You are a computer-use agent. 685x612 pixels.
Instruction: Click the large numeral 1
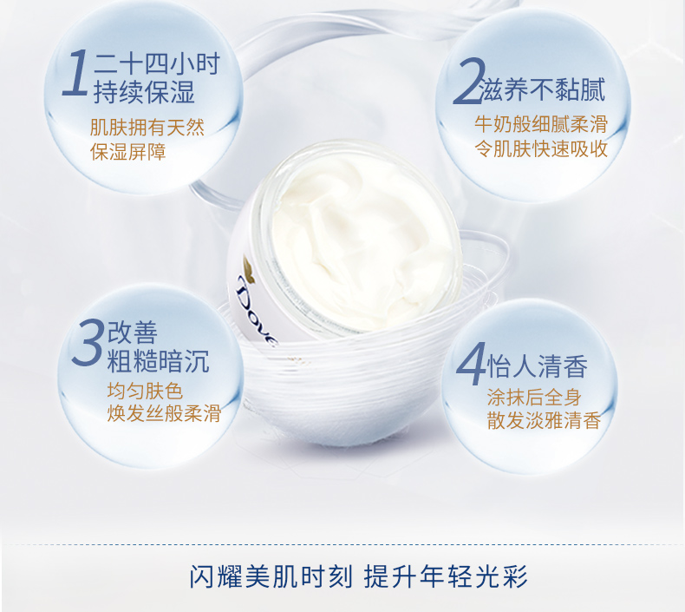tap(76, 73)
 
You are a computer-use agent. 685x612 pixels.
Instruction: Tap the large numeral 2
tap(469, 81)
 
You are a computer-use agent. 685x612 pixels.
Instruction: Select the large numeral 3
tap(88, 343)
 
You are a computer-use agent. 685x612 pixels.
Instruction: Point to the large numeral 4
tap(471, 364)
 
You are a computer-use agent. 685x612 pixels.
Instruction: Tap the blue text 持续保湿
tap(144, 92)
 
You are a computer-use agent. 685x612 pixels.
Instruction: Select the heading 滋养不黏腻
tap(543, 89)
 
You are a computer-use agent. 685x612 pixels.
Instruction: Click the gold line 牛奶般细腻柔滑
tap(541, 124)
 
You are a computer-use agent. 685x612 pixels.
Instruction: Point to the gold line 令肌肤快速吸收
tap(541, 148)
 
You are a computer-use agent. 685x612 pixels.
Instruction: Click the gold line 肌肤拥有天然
tap(147, 128)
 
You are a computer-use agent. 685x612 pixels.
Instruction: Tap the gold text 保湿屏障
tap(128, 152)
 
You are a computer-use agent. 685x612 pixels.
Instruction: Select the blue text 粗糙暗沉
tap(158, 361)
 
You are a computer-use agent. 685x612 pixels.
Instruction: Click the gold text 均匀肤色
tap(145, 391)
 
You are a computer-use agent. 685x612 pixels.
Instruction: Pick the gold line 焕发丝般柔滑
tap(164, 413)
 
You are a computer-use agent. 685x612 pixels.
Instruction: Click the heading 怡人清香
tap(538, 365)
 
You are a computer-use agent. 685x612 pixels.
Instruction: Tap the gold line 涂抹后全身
tap(534, 398)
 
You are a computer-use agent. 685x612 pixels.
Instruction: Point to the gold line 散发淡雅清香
tap(544, 420)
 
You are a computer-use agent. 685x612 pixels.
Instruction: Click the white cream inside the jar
tap(362, 243)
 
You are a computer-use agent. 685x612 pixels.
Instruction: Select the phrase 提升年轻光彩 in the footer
tap(446, 576)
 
